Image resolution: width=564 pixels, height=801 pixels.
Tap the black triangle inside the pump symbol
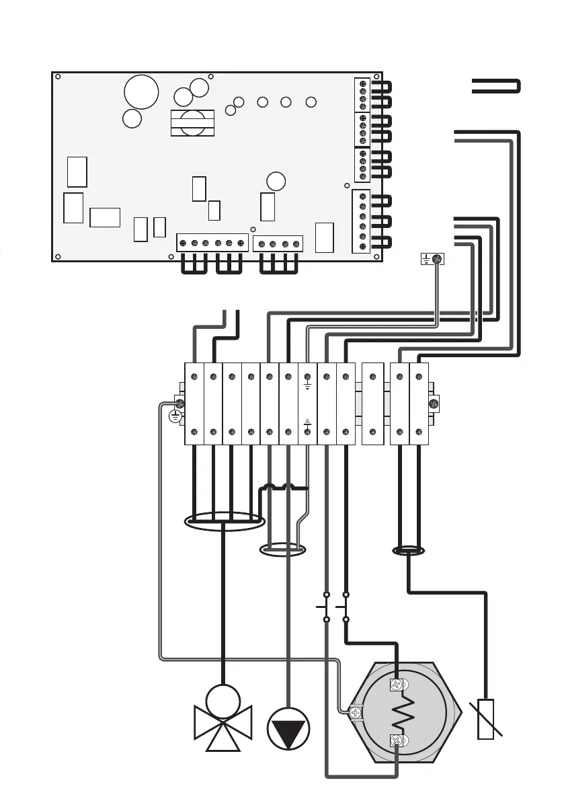[288, 730]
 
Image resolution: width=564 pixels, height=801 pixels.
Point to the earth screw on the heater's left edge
[356, 712]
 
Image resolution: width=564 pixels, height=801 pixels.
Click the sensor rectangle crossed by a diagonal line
[485, 719]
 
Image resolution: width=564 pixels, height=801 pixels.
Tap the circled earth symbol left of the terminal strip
[174, 417]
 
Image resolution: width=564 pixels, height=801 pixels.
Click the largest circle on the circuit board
[142, 92]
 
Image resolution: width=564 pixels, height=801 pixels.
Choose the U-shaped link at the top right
[496, 86]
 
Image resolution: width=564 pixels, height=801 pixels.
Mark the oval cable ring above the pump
[282, 550]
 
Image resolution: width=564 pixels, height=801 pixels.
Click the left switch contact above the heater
[325, 607]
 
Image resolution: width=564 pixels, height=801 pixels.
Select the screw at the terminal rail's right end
[434, 404]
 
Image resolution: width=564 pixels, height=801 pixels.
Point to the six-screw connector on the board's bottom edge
[212, 243]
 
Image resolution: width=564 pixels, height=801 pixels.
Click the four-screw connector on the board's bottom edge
[278, 243]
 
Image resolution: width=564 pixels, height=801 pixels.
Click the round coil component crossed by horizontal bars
[193, 123]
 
